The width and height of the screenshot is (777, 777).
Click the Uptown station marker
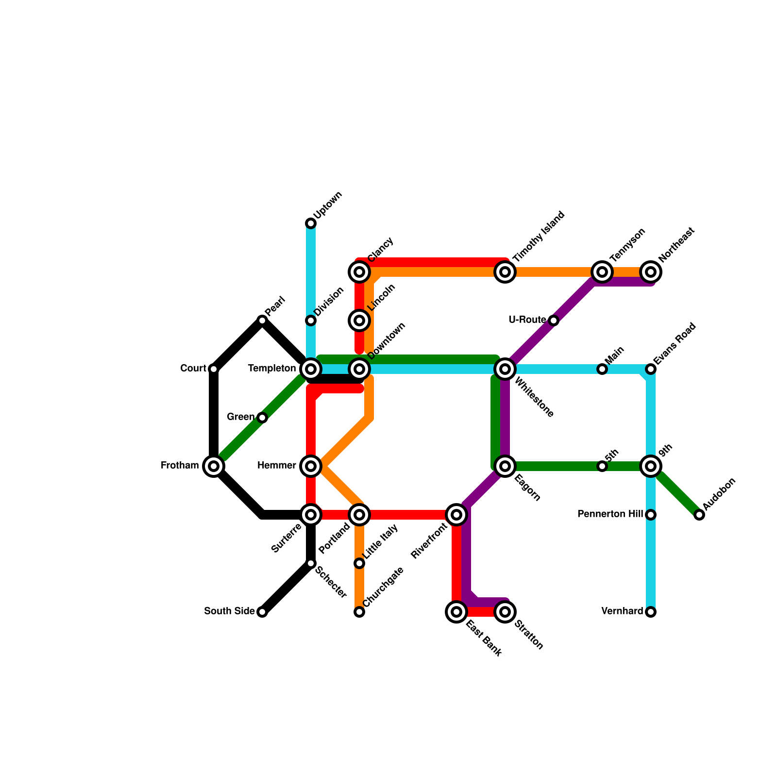(x=311, y=223)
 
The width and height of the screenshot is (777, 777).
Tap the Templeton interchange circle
(x=311, y=369)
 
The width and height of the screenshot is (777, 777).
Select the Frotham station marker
(x=214, y=466)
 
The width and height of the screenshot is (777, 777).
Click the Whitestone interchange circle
(x=505, y=369)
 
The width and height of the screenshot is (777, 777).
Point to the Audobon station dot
(x=699, y=515)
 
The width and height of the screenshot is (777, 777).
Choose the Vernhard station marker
(x=651, y=612)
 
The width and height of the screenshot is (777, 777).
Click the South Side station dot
(x=262, y=612)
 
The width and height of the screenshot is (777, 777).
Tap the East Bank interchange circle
(x=456, y=612)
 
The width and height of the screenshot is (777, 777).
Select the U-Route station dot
(x=554, y=321)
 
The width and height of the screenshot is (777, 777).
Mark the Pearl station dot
(x=262, y=321)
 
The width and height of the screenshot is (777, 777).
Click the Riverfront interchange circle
(x=456, y=515)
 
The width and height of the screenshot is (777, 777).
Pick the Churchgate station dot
(x=359, y=612)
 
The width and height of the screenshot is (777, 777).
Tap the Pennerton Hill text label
(x=610, y=514)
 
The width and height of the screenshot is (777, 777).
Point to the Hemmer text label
(x=276, y=466)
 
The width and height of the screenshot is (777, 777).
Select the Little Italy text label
(x=381, y=541)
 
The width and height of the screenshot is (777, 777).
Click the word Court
(x=193, y=369)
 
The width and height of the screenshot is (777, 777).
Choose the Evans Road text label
(x=675, y=344)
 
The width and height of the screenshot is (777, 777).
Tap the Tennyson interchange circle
(x=602, y=272)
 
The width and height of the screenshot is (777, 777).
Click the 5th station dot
(x=602, y=466)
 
